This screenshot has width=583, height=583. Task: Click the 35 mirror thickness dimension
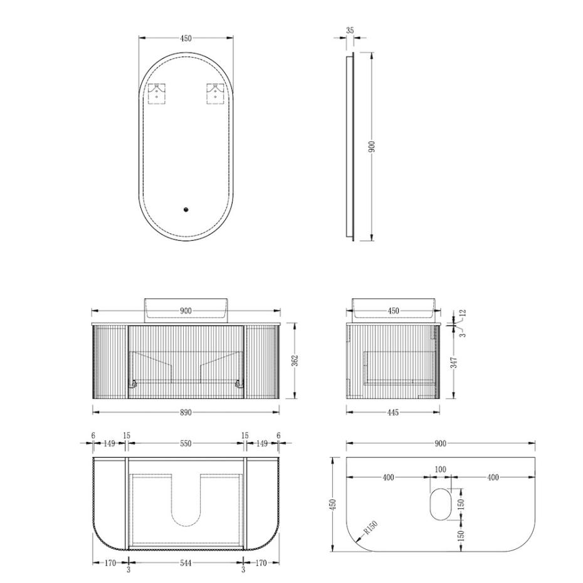(349, 29)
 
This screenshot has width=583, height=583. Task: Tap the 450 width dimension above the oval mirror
(186, 38)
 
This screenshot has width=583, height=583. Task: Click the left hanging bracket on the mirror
(156, 94)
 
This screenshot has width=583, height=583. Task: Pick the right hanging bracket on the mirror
(215, 94)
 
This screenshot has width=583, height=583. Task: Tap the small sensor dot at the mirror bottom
(186, 210)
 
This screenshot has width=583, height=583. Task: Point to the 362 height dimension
(295, 361)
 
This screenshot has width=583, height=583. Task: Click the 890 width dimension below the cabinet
(186, 412)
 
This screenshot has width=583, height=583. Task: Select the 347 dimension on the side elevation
(454, 363)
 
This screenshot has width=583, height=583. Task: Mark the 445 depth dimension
(393, 412)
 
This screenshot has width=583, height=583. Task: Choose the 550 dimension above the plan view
(186, 443)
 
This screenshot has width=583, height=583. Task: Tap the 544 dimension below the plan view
(186, 563)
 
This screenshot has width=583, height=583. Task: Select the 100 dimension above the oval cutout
(440, 469)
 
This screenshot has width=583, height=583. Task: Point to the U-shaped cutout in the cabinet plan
(186, 502)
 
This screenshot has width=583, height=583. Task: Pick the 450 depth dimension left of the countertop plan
(333, 504)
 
